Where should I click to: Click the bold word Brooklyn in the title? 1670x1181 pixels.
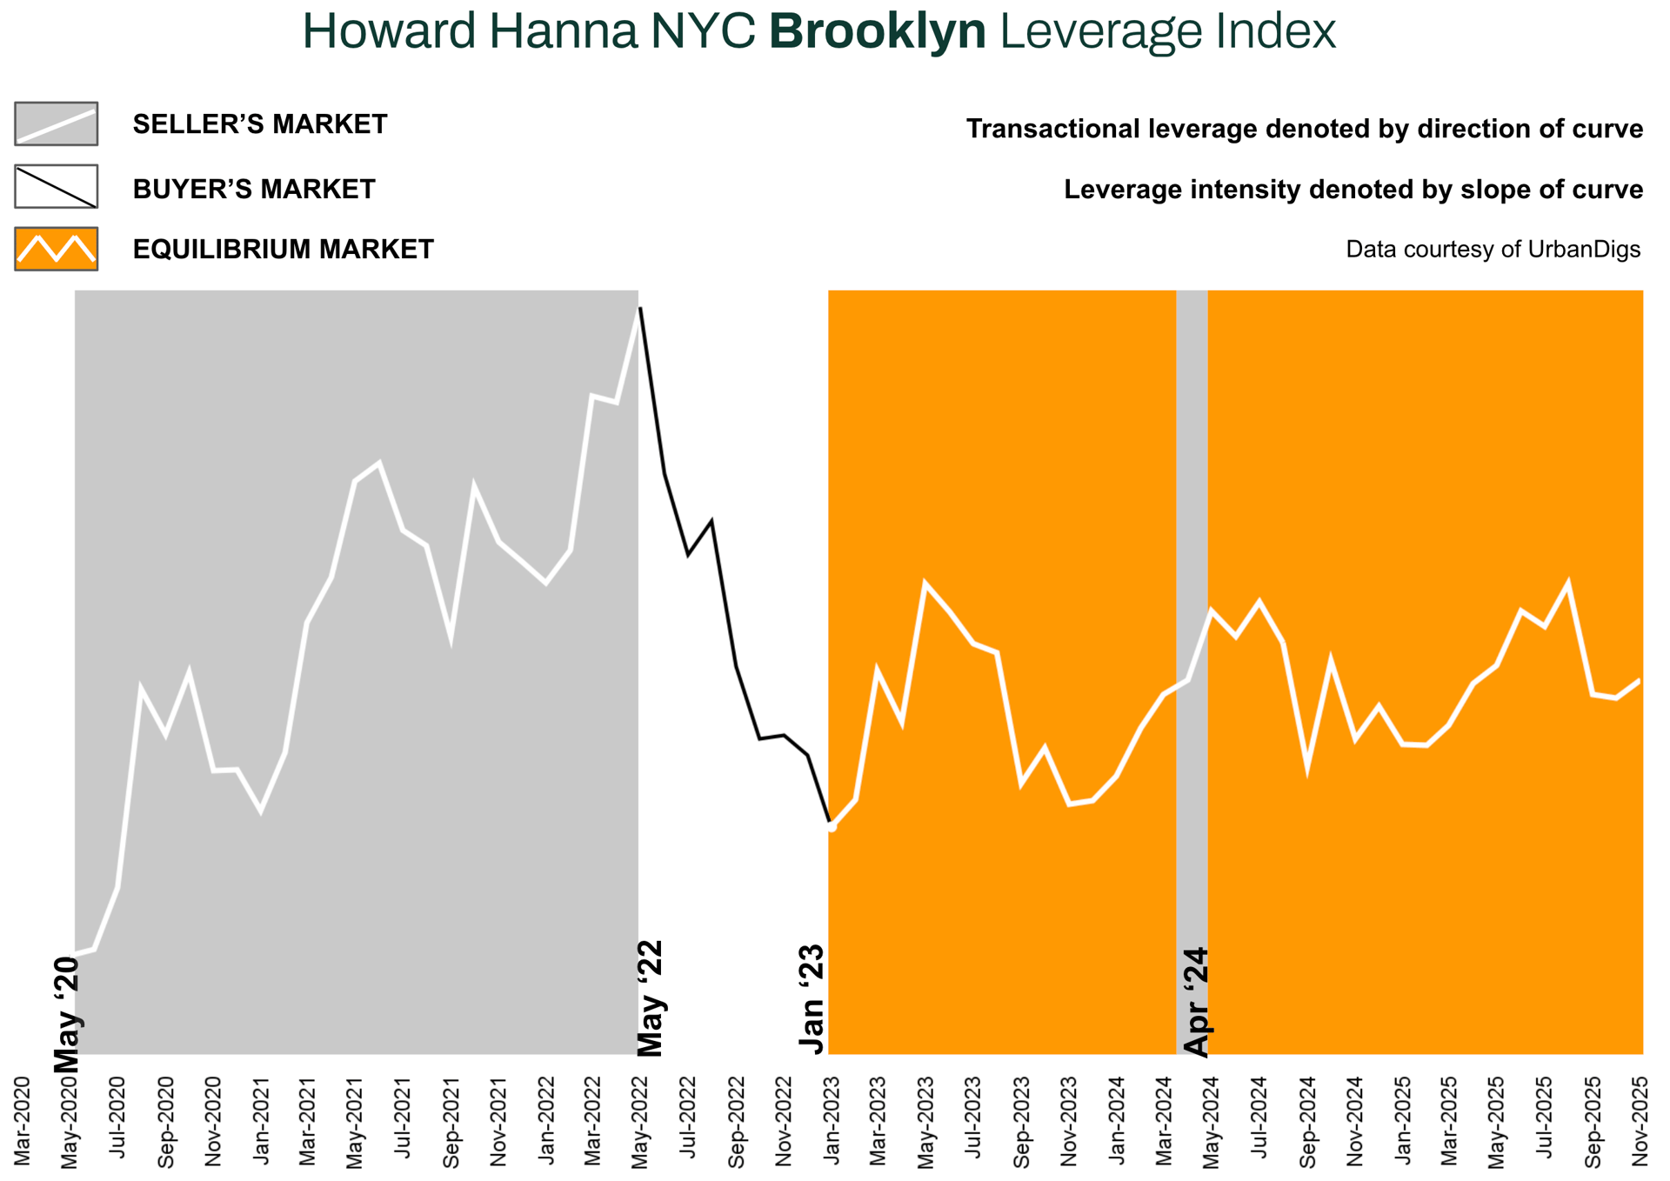point(878,32)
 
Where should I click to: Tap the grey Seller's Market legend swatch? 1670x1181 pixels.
point(56,123)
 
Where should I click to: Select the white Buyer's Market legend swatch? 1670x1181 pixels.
point(56,186)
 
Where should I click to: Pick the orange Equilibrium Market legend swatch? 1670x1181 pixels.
point(56,249)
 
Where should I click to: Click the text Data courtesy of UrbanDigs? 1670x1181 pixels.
point(1493,250)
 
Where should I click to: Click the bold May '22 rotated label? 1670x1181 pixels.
point(651,998)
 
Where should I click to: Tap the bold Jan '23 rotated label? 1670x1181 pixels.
point(812,1001)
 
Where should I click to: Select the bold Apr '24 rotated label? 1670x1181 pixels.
point(1197,1002)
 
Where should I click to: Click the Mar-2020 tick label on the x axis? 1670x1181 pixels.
point(23,1121)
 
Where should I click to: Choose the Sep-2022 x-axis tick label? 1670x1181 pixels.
point(737,1121)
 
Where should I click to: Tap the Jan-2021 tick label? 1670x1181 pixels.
point(261,1121)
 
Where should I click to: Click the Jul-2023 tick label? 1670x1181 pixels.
point(974,1121)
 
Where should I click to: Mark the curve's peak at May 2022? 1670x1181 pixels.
point(640,308)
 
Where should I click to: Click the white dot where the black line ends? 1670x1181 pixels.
point(832,827)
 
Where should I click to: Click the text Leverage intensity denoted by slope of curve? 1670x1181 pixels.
point(1353,190)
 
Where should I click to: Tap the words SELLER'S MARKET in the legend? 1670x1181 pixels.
point(260,124)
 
